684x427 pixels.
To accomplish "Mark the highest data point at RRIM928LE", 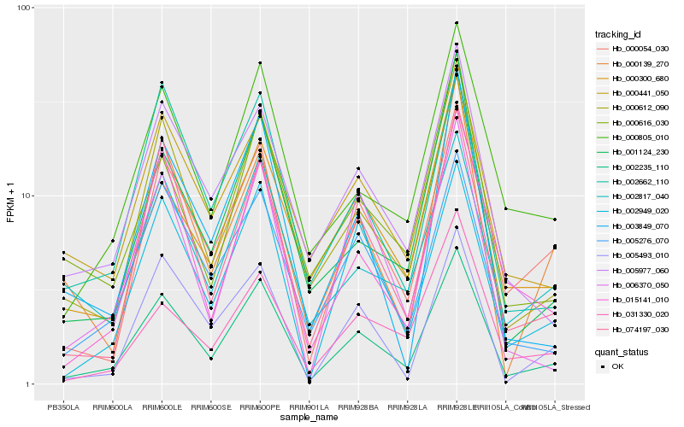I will tap(457, 23).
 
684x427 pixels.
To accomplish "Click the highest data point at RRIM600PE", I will tap(260, 62).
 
